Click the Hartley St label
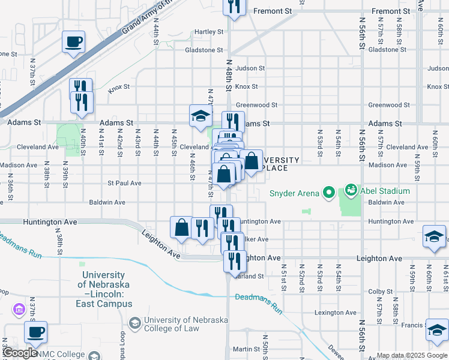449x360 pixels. tap(208, 32)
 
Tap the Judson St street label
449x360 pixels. tap(250, 68)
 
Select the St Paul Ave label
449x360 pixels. tap(124, 183)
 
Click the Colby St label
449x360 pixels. tap(380, 292)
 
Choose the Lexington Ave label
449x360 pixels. tap(336, 313)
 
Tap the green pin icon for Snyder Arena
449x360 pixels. tap(328, 193)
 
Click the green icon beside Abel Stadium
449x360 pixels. tap(351, 191)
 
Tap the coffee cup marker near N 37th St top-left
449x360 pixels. tap(74, 42)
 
